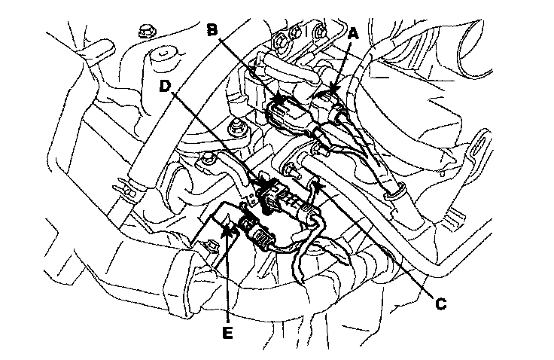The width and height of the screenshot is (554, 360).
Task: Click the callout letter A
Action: [x=354, y=33]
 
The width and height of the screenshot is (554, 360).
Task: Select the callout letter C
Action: [x=442, y=304]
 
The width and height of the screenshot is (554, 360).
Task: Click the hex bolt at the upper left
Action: [x=145, y=32]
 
